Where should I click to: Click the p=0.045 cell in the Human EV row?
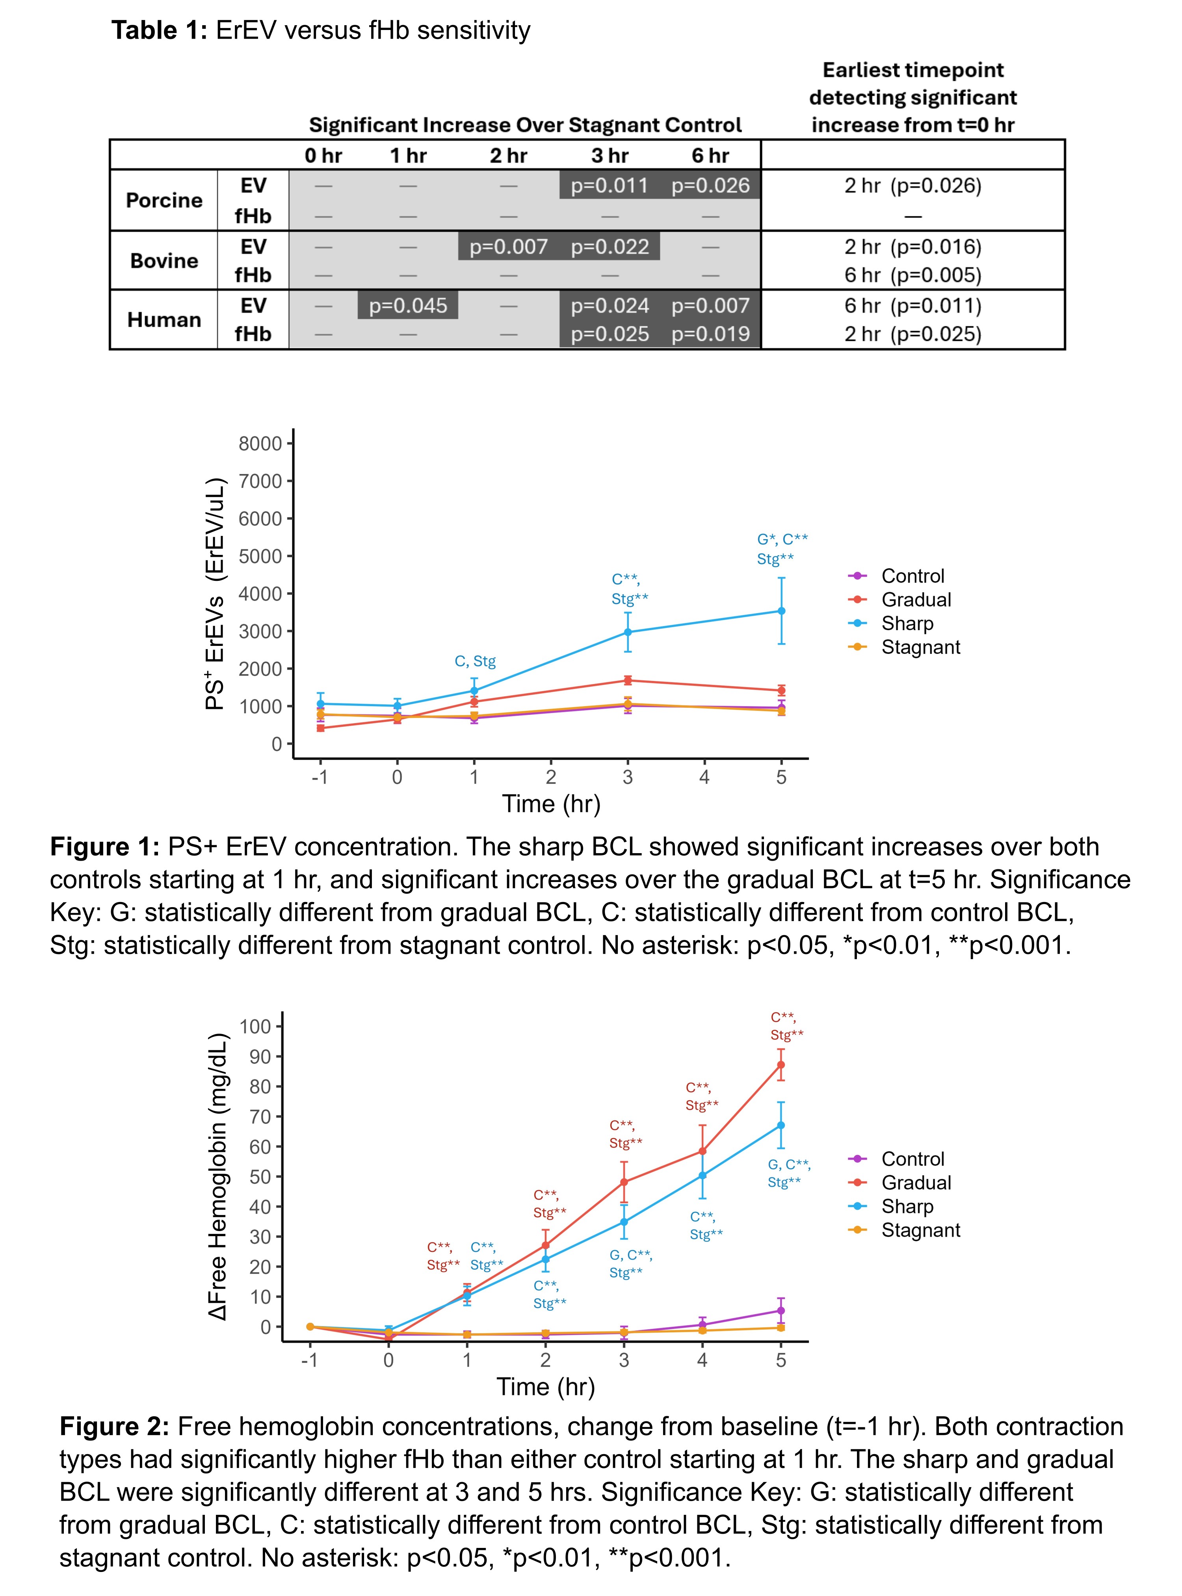[408, 305]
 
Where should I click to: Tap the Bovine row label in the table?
[164, 260]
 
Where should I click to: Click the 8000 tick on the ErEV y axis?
[260, 444]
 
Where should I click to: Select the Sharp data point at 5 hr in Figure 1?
[781, 611]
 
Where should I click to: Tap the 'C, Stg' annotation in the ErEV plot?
[475, 661]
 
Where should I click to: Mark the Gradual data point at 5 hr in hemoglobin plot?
[781, 1065]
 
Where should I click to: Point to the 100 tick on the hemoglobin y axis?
[255, 1027]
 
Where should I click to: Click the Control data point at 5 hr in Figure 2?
[781, 1310]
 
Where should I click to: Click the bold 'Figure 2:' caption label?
[115, 1427]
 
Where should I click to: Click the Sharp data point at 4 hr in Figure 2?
[702, 1175]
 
